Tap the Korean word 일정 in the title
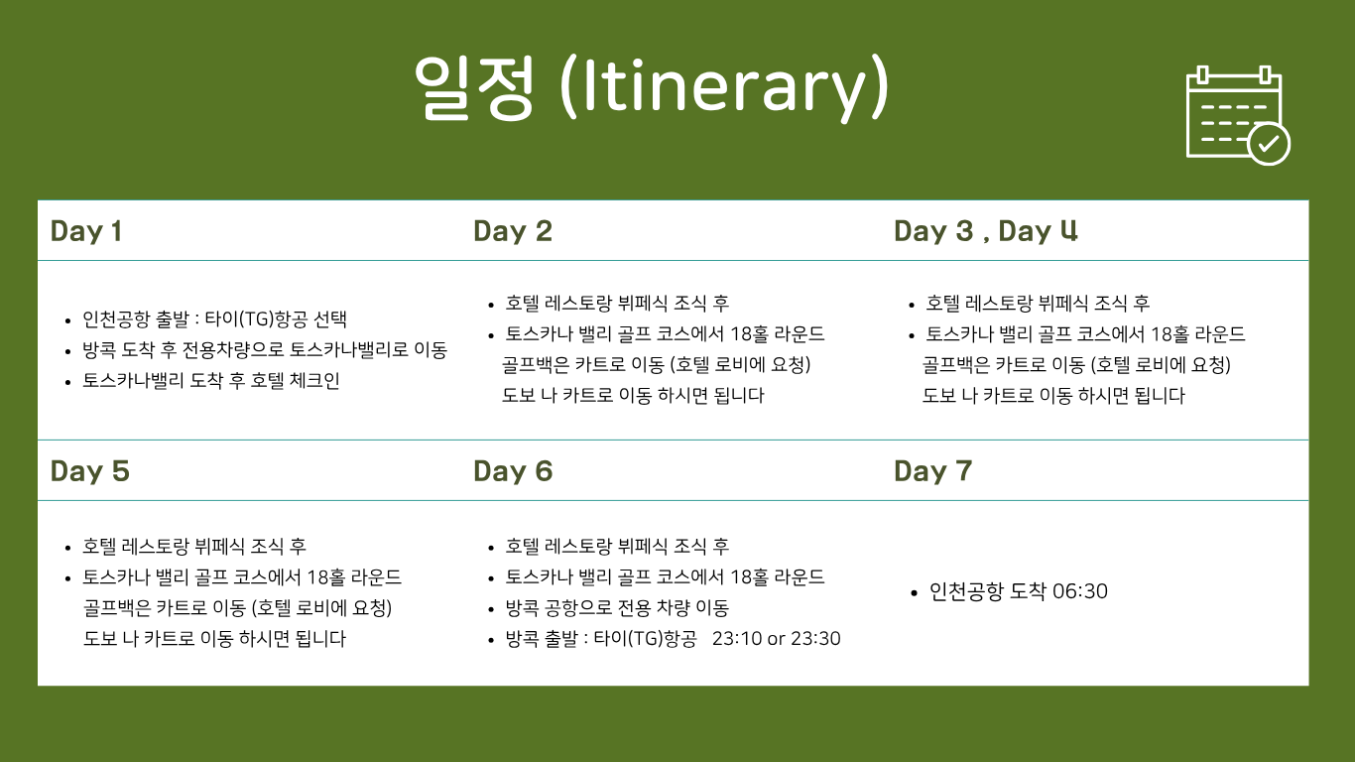click(474, 87)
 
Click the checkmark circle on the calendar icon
click(1269, 144)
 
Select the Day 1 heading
click(86, 231)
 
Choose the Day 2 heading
click(513, 231)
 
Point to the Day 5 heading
click(89, 471)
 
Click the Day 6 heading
click(513, 471)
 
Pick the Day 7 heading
click(932, 471)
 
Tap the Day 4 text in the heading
click(1038, 231)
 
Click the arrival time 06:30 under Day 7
click(1080, 591)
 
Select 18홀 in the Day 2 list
click(749, 334)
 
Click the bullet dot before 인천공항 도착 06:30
click(914, 593)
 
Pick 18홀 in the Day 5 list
click(326, 577)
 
